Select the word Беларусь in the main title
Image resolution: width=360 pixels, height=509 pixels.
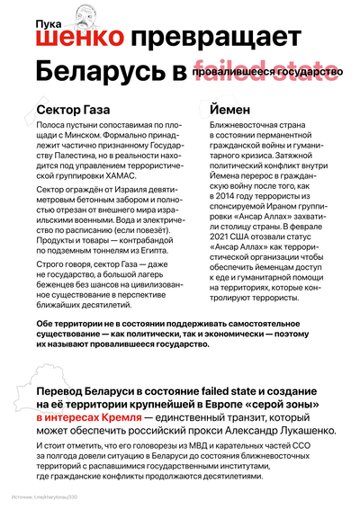pos(100,71)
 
